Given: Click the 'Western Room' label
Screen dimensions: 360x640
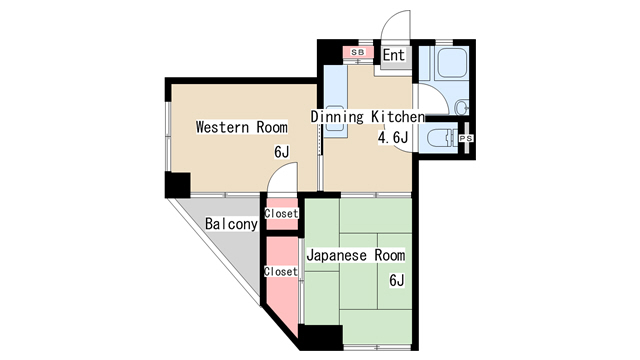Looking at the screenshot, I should [x=241, y=127].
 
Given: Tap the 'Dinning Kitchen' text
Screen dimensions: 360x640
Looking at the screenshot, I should [x=368, y=117].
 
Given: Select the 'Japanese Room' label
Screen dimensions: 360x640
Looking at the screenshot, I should [x=355, y=255].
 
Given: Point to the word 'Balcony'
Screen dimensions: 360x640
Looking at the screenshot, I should [x=231, y=224].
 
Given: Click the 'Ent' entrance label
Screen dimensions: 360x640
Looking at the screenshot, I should [x=394, y=56].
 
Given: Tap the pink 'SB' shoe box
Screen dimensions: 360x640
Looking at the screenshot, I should [x=357, y=52].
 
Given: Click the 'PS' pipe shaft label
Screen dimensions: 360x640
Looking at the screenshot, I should [x=466, y=139].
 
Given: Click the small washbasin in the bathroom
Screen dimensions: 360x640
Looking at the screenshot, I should [x=461, y=107].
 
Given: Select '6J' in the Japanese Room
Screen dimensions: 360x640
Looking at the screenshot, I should [x=397, y=280].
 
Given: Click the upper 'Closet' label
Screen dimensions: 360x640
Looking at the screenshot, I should [x=281, y=214].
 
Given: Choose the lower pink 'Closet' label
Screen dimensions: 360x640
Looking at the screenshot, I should [x=281, y=271].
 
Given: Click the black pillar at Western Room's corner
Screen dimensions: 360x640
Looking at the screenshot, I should [x=178, y=185].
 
